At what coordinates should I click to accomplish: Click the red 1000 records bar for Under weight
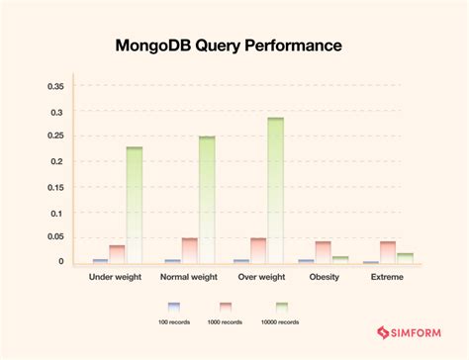117,254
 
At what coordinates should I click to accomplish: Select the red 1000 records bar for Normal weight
189,250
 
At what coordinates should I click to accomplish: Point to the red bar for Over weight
258,250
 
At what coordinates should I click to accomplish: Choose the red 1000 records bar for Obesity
324,252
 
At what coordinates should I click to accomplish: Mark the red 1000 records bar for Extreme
388,252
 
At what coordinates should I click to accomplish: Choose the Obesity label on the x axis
324,278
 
